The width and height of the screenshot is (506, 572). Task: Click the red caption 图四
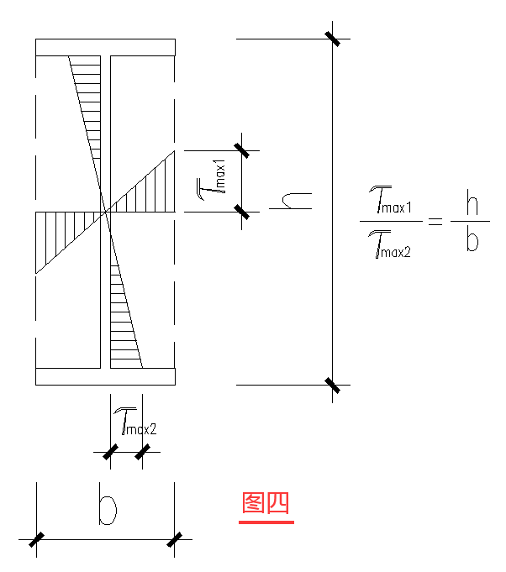[x=266, y=503]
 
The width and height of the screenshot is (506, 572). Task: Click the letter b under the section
[x=106, y=508]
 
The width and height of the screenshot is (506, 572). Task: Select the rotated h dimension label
[x=295, y=200]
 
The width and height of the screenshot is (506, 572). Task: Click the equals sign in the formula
[x=434, y=223]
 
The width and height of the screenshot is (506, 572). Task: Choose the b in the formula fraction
[x=472, y=243]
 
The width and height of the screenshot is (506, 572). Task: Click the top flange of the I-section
[x=105, y=47]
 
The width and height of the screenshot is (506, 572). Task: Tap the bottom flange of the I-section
[x=105, y=377]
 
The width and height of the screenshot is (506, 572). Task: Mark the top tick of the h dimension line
[x=333, y=39]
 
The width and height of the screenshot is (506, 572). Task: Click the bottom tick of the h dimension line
[x=333, y=385]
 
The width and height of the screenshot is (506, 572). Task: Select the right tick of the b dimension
[x=175, y=540]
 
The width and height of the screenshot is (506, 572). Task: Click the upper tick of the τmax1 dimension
[x=242, y=150]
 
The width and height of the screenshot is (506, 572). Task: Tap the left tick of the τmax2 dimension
[x=111, y=453]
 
